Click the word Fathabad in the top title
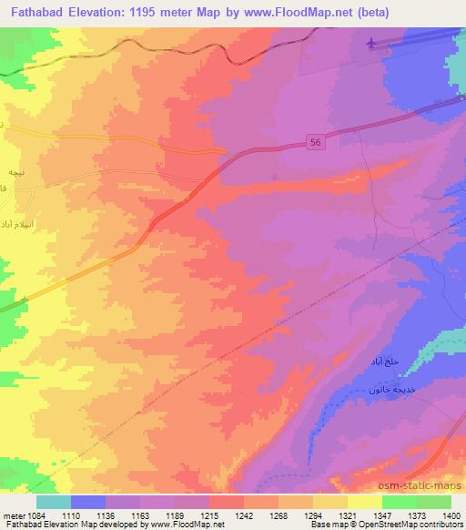38,13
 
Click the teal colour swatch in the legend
54,501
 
